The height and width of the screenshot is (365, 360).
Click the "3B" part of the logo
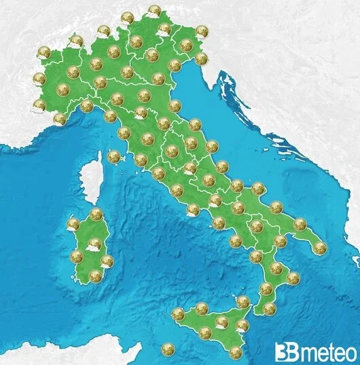(285, 352)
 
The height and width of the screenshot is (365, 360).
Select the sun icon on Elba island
(113, 157)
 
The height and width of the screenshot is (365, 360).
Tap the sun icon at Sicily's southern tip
(236, 351)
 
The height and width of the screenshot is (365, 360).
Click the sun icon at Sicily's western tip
(178, 314)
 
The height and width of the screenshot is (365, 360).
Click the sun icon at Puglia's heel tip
(320, 248)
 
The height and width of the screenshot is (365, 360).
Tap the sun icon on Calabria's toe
(270, 309)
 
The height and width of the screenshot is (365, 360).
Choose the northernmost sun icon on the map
(154, 11)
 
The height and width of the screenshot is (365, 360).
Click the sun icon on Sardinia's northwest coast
(74, 223)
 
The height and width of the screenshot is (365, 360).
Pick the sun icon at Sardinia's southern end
(95, 275)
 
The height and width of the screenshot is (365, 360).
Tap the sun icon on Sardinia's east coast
(107, 261)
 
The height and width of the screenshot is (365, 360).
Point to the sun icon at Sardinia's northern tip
(96, 214)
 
